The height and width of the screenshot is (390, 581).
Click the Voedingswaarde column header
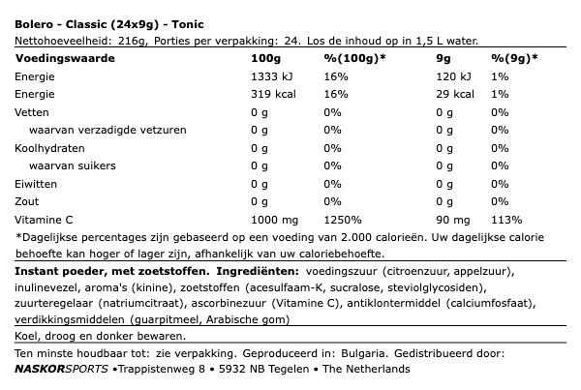point(65,58)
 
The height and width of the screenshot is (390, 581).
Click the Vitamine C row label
point(47,219)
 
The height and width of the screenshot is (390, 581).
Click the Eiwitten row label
point(38,184)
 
